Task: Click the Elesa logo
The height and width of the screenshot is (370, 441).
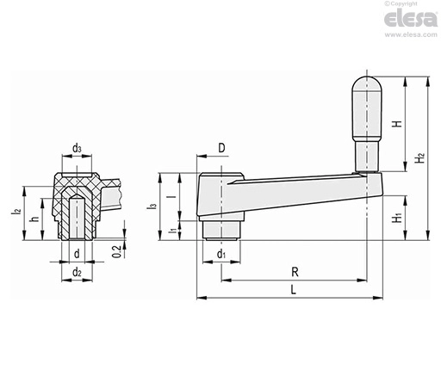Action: tap(411, 19)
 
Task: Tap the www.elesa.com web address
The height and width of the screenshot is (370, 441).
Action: tap(411, 34)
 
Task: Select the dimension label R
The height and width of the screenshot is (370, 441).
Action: tap(295, 272)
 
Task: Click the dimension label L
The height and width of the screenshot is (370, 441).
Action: tap(293, 290)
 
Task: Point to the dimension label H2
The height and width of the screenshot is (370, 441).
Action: tap(420, 158)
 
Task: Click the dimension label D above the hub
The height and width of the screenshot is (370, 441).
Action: tap(221, 148)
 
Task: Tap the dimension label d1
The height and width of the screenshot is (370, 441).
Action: tap(221, 254)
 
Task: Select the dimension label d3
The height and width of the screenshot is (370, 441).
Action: tap(77, 149)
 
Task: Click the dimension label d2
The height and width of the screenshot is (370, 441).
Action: tap(77, 272)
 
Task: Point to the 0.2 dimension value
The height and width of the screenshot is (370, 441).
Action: tap(116, 252)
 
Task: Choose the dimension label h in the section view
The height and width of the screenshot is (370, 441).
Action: tap(34, 219)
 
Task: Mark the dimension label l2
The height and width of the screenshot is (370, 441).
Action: tap(16, 213)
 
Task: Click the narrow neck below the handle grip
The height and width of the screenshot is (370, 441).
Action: tap(367, 156)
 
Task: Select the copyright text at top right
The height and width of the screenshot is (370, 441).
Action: tap(401, 3)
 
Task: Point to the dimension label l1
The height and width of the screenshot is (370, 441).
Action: tap(172, 230)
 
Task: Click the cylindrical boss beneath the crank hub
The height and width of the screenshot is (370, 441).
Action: tap(221, 231)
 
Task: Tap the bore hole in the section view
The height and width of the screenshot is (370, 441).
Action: tap(77, 217)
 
